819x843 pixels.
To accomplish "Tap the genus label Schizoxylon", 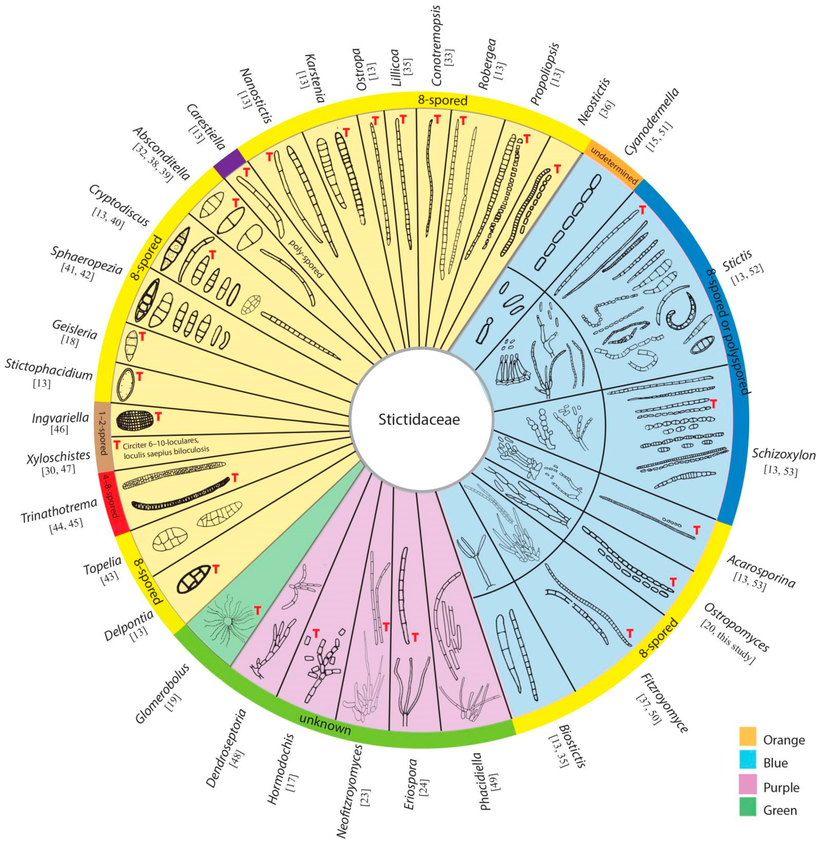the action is coord(783,455).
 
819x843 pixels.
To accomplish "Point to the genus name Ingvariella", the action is coord(60,418).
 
